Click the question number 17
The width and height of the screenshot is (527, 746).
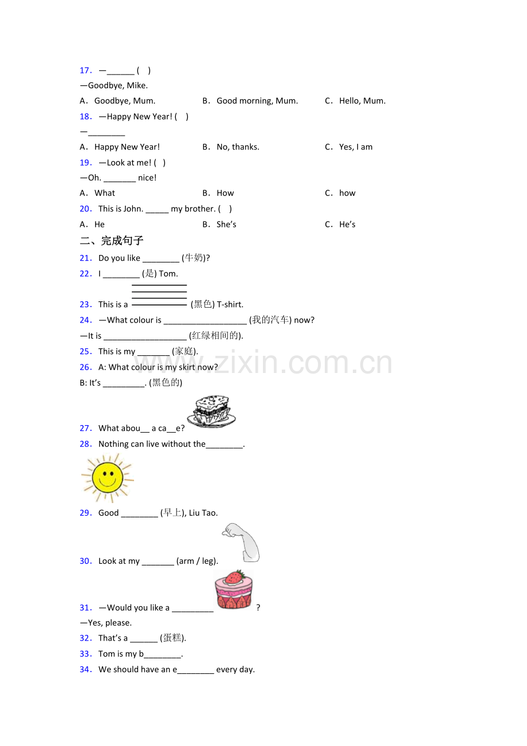(x=85, y=70)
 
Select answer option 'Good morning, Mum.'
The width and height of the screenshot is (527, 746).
(x=257, y=101)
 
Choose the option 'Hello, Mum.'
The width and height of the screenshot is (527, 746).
(x=362, y=101)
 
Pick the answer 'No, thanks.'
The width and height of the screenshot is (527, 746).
(x=238, y=147)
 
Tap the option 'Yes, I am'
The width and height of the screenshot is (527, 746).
(x=356, y=147)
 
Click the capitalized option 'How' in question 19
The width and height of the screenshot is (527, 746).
(x=225, y=193)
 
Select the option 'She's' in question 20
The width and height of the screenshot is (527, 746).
(x=226, y=225)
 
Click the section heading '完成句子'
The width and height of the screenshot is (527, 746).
(x=122, y=241)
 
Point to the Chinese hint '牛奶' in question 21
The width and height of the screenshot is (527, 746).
(x=194, y=258)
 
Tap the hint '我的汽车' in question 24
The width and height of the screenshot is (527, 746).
(x=270, y=320)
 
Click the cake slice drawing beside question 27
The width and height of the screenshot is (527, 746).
(x=211, y=411)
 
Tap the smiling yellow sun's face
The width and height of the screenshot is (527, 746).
(x=107, y=478)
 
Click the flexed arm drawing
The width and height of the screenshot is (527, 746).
(x=241, y=542)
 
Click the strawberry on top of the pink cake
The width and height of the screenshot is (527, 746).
(x=234, y=577)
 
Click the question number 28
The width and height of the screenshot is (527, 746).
(x=85, y=444)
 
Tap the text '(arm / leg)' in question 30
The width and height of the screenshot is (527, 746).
(x=197, y=561)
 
